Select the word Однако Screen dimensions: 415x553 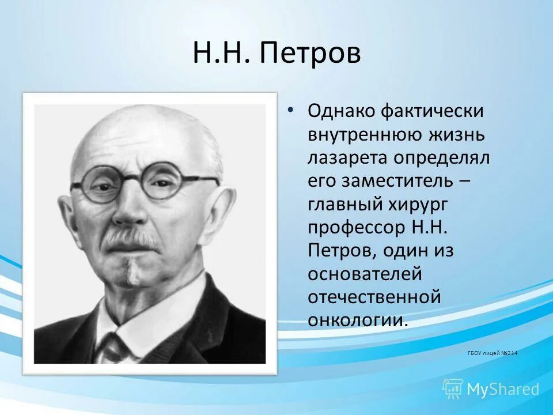(345, 111)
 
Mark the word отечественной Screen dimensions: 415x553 (374, 297)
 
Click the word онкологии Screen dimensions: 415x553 (357, 320)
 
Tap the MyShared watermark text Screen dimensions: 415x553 (503, 389)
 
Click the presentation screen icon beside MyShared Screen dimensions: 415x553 (453, 388)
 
